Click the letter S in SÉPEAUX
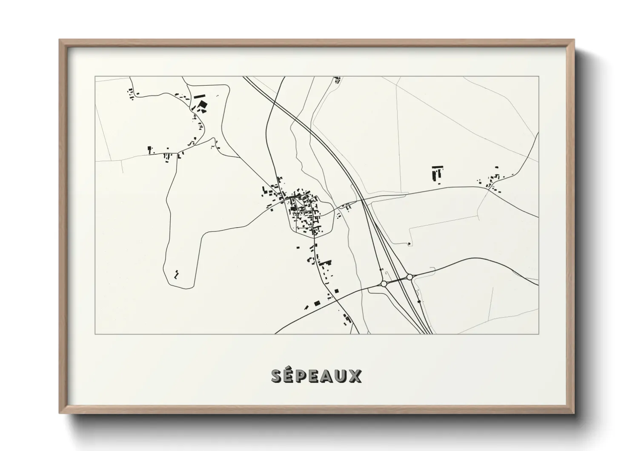click(x=278, y=376)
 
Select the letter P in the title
click(x=304, y=376)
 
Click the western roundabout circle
click(x=384, y=283)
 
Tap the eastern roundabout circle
click(x=409, y=277)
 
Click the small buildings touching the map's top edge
click(x=338, y=79)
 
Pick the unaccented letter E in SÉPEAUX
click(x=316, y=376)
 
